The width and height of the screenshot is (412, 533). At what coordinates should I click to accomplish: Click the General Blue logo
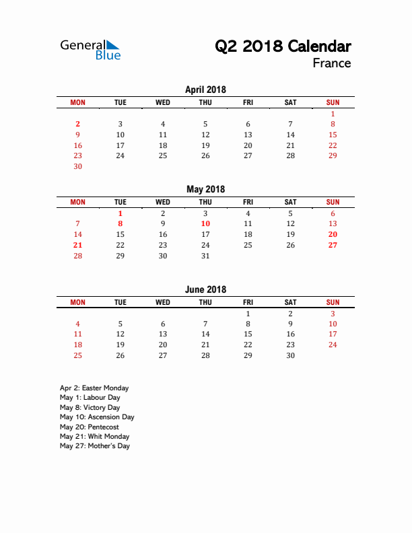pos(90,50)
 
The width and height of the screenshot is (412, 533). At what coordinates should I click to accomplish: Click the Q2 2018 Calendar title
pos(283,46)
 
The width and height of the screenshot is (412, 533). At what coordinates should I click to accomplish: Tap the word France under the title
pos(331,63)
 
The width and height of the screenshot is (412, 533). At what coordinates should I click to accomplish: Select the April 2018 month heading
pos(205,90)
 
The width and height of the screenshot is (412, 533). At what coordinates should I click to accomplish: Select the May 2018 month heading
pos(205,189)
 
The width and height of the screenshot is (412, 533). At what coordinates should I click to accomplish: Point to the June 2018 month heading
pos(205,289)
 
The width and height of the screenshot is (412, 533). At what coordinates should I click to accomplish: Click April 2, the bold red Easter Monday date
pos(77,124)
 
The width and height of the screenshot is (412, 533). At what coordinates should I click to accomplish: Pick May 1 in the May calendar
pos(120,213)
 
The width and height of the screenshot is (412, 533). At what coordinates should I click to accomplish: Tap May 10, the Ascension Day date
pos(205,223)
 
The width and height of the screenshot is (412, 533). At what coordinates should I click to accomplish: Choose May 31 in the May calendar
pos(205,256)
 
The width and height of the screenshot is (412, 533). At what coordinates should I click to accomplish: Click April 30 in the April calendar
pos(77,166)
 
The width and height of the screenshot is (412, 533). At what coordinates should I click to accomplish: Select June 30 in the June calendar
pos(290,355)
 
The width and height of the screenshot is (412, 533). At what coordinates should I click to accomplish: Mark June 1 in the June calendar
pos(248,314)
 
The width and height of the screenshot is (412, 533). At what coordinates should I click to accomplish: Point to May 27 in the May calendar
pos(333,245)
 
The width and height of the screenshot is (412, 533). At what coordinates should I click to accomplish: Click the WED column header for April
pos(163,102)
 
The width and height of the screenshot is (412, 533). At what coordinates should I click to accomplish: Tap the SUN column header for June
pos(333,302)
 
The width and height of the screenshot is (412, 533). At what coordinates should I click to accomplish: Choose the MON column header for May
pos(77,202)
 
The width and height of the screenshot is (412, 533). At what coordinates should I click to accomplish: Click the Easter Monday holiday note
pos(94,388)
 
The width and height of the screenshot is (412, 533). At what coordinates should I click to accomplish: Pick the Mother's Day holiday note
pos(94,446)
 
